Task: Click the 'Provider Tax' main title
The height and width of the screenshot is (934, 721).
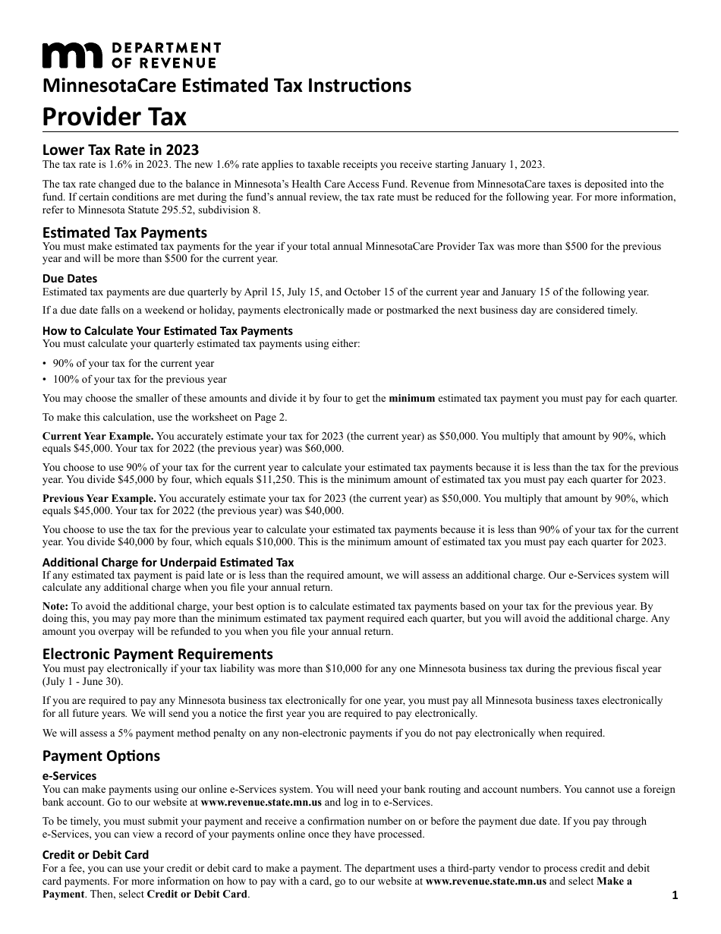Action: pyautogui.click(x=114, y=117)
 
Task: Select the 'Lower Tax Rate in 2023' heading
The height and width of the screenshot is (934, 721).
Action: pyautogui.click(x=120, y=150)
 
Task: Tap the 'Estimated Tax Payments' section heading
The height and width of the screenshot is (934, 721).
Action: pyautogui.click(x=124, y=232)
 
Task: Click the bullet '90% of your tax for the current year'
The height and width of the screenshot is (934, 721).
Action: pyautogui.click(x=134, y=364)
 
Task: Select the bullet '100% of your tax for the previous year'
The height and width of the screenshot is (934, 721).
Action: pyautogui.click(x=140, y=380)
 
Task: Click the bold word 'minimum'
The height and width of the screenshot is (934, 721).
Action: pyautogui.click(x=411, y=399)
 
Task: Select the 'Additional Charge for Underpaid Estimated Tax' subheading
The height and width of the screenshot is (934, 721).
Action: pyautogui.click(x=168, y=563)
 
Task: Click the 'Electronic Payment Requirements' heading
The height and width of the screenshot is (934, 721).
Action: pyautogui.click(x=157, y=654)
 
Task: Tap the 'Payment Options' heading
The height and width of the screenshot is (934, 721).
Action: pyautogui.click(x=101, y=756)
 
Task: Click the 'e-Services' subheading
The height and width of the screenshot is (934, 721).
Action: pyautogui.click(x=69, y=776)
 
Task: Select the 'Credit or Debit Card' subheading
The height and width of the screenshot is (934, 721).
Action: pyautogui.click(x=96, y=855)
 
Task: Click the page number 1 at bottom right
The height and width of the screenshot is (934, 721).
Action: pyautogui.click(x=675, y=896)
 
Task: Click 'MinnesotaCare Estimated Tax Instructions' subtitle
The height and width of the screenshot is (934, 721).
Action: pyautogui.click(x=227, y=85)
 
